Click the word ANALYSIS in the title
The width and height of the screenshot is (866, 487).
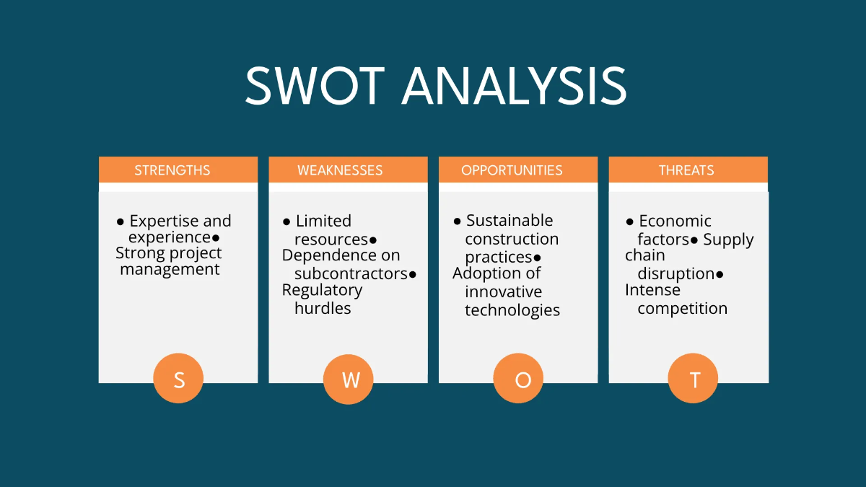click(x=514, y=86)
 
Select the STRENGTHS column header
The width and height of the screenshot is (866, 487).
click(x=172, y=170)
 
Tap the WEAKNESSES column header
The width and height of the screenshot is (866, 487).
click(x=340, y=170)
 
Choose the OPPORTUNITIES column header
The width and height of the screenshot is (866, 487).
click(x=512, y=170)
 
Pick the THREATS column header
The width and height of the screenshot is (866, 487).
click(x=686, y=170)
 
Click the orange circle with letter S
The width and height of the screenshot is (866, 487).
click(x=178, y=379)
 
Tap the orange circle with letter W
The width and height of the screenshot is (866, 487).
click(x=349, y=379)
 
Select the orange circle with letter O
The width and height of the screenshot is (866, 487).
click(x=518, y=379)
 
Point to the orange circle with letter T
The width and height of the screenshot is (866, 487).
click(x=693, y=379)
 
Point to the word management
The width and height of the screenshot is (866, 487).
click(x=170, y=270)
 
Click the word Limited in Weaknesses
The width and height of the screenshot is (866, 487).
click(x=323, y=221)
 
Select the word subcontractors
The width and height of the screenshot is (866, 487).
click(x=351, y=274)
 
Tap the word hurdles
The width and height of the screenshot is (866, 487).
click(x=323, y=309)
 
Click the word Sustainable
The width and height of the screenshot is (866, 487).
click(x=509, y=221)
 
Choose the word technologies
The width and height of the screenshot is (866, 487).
click(x=512, y=310)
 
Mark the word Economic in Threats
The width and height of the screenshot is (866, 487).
click(x=675, y=221)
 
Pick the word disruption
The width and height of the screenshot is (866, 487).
click(x=675, y=274)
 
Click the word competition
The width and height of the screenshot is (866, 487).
click(x=682, y=309)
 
